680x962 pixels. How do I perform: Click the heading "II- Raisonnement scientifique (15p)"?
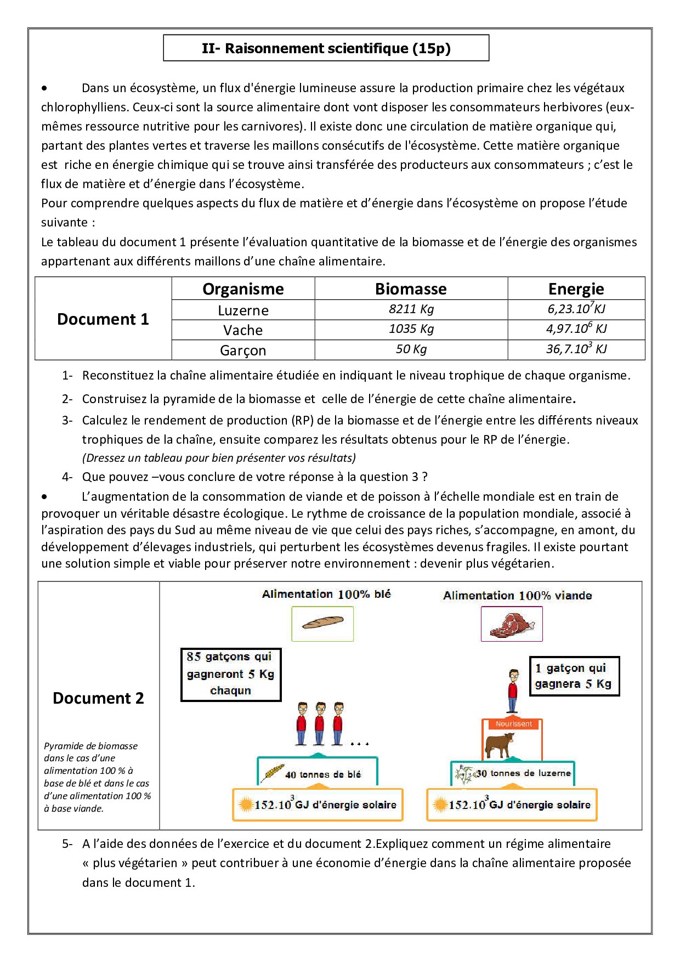coord(326,48)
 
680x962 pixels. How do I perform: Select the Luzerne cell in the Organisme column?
coord(243,310)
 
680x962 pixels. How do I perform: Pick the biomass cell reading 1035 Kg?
coord(411,329)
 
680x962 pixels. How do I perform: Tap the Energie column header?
coord(576,288)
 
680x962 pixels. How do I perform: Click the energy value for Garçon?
coord(576,349)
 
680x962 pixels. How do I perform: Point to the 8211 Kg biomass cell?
coord(411,309)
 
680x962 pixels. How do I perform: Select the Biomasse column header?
coord(411,288)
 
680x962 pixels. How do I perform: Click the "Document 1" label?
coord(103,319)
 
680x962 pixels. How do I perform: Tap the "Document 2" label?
coord(98,698)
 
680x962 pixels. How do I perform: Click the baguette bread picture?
coord(322,623)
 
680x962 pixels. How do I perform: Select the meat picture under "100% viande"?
coord(512,624)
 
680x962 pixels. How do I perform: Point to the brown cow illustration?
coord(498,745)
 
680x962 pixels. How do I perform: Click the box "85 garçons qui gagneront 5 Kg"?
coord(231,674)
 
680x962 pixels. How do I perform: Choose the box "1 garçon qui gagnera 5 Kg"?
coord(574,676)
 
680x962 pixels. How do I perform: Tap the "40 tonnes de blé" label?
coord(322,774)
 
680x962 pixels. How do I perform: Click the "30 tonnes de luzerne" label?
coord(523,773)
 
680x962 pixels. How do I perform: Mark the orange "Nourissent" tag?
coord(513,724)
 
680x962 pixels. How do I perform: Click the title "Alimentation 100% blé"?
coord(326,594)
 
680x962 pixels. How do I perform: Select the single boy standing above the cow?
coord(513,691)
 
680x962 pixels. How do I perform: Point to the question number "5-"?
coord(67,844)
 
